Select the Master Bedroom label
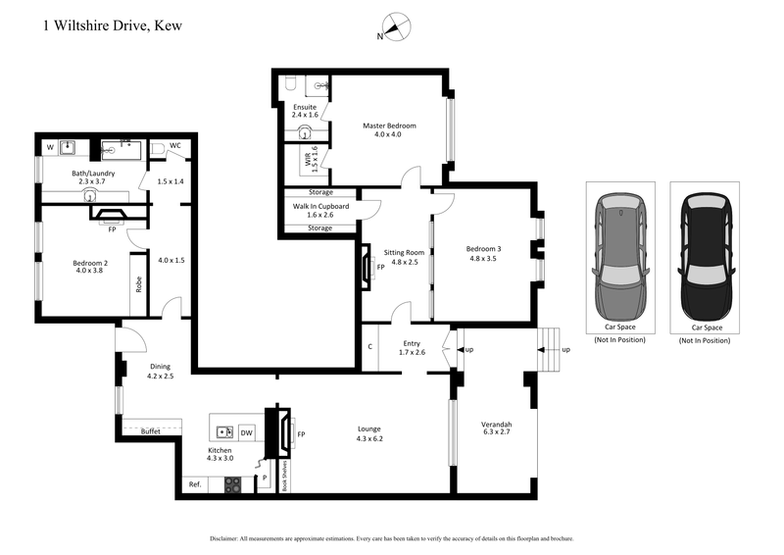point(389,126)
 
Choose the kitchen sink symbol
point(224,430)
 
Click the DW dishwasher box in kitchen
point(247,431)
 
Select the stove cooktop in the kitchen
point(233,482)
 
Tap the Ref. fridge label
point(195,483)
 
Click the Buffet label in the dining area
point(151,431)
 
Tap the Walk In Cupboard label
point(319,206)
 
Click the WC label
point(175,146)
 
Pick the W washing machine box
point(50,149)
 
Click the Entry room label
point(412,344)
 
